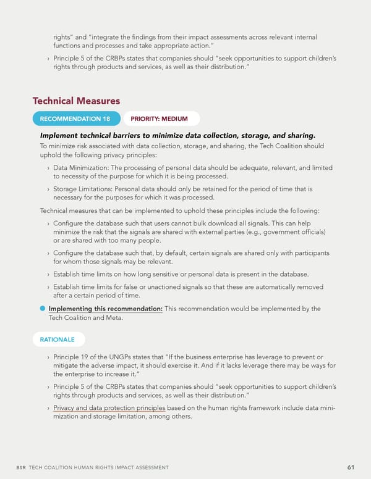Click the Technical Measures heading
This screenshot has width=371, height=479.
76,101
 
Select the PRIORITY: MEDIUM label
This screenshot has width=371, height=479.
161,119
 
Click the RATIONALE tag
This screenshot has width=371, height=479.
58,339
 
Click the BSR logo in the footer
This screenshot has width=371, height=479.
21,468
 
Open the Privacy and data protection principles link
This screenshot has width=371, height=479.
109,407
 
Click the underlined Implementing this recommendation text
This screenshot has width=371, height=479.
106,309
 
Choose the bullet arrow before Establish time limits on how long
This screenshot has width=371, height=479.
48,273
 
